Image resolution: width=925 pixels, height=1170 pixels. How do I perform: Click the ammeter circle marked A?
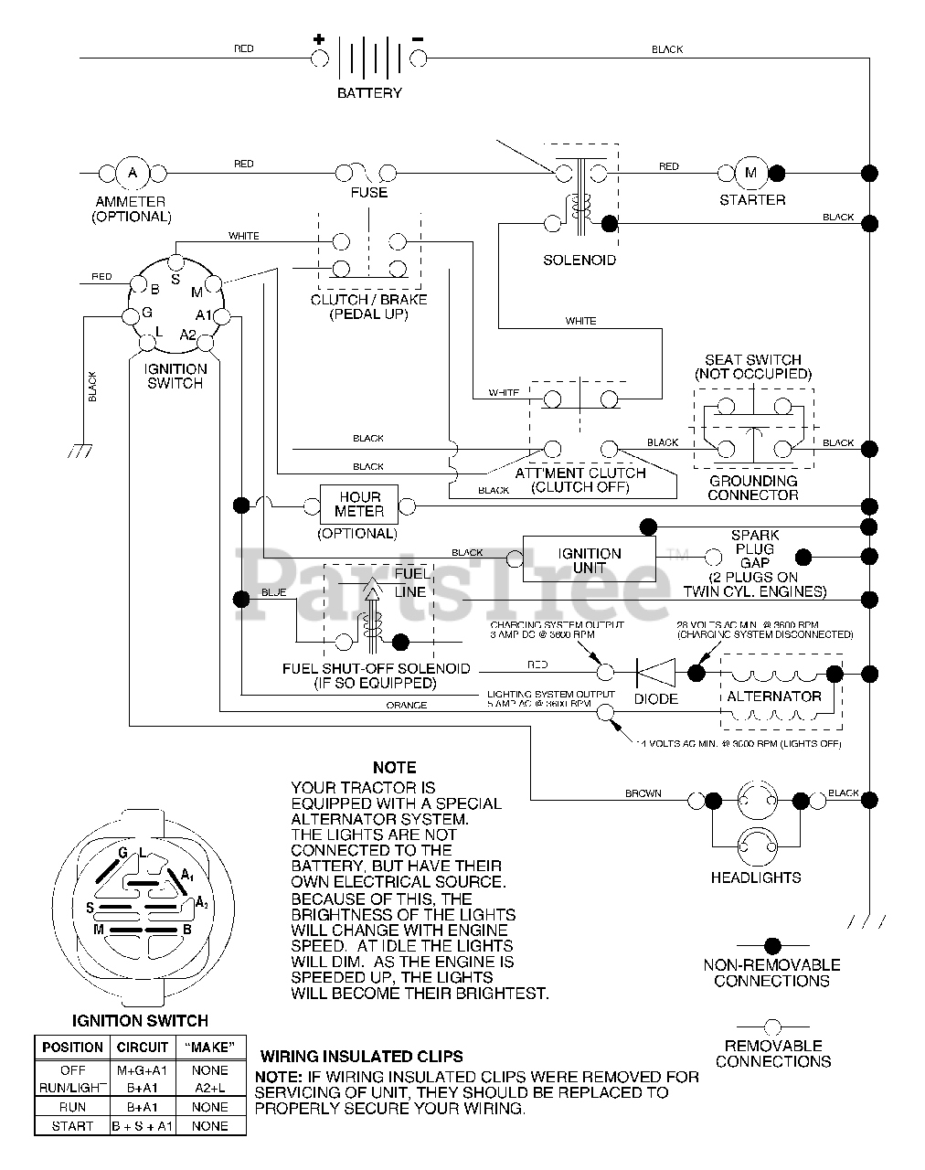132,172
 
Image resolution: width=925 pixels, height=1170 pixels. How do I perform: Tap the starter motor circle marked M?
751,172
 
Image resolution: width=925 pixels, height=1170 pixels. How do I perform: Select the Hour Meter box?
358,505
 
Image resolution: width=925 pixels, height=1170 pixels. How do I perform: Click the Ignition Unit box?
590,560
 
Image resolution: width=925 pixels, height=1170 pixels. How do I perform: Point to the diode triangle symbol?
655,674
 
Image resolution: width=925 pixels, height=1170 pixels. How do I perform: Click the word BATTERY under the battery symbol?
369,93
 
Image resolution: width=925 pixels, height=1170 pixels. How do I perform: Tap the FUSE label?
369,193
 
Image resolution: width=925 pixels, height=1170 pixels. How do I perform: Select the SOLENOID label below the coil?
579,261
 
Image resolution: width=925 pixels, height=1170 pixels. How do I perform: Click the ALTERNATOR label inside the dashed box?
774,697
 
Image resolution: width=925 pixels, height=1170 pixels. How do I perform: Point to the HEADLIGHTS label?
756,877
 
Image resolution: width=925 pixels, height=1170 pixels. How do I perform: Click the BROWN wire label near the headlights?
643,793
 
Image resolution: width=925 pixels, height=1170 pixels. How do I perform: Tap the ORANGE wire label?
406,706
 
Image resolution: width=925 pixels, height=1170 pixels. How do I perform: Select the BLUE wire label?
274,592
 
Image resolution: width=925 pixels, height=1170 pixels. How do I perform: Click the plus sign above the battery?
319,39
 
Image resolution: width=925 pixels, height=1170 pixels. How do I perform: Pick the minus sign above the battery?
418,39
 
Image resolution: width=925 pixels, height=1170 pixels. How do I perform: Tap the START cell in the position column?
72,1126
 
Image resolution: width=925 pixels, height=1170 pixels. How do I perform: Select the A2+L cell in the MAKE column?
210,1088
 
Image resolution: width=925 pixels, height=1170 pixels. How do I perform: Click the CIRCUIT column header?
143,1048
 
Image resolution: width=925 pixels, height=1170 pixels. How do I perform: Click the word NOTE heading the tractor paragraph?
394,768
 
